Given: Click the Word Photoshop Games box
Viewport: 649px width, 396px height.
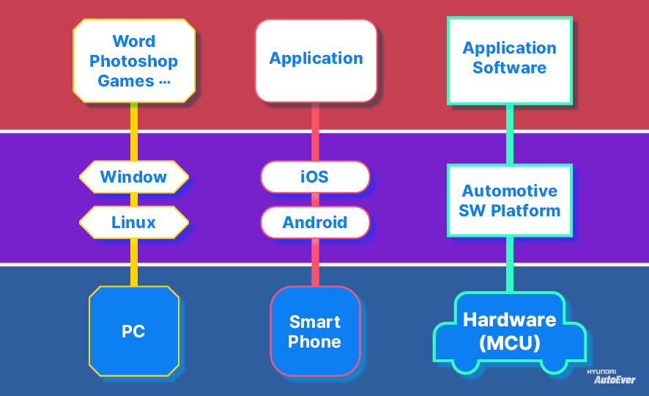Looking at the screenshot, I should click(x=134, y=61).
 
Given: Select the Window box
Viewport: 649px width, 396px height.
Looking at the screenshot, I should click(x=134, y=177).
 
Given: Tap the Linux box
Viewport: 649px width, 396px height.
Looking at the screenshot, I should click(x=134, y=222).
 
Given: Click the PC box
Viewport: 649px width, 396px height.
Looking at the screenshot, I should click(x=133, y=331).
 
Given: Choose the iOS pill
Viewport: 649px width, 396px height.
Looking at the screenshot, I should click(x=315, y=177).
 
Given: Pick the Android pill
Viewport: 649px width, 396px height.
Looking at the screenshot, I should click(x=315, y=222).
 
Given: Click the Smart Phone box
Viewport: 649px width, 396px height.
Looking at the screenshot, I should click(x=315, y=331).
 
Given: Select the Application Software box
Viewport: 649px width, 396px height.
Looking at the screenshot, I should click(x=509, y=59).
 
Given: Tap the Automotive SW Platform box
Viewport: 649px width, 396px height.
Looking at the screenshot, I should click(x=509, y=200).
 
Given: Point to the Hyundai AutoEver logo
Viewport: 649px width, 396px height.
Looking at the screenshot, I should click(x=607, y=377).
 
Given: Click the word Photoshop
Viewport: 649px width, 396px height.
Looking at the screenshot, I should click(x=134, y=61).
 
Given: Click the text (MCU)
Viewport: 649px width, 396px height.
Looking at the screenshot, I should click(x=509, y=342).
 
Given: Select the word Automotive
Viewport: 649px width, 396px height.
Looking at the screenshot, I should click(x=509, y=191).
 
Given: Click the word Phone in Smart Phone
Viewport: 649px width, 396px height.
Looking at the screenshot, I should click(x=315, y=342).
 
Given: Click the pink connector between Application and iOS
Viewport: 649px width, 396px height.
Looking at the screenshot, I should click(x=315, y=131).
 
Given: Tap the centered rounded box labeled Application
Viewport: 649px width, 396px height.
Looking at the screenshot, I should click(x=316, y=59).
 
